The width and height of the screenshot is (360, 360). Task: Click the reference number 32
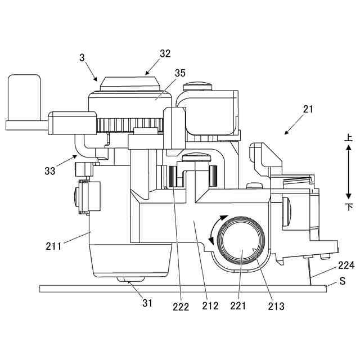(165, 54)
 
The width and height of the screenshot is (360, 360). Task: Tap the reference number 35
(180, 73)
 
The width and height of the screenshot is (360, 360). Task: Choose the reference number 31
(147, 303)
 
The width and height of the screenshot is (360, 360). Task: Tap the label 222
(181, 307)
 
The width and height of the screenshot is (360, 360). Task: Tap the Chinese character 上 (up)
(348, 137)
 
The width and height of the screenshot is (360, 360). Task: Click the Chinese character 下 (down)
(348, 207)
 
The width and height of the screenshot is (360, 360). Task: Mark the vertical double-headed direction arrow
(348, 172)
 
